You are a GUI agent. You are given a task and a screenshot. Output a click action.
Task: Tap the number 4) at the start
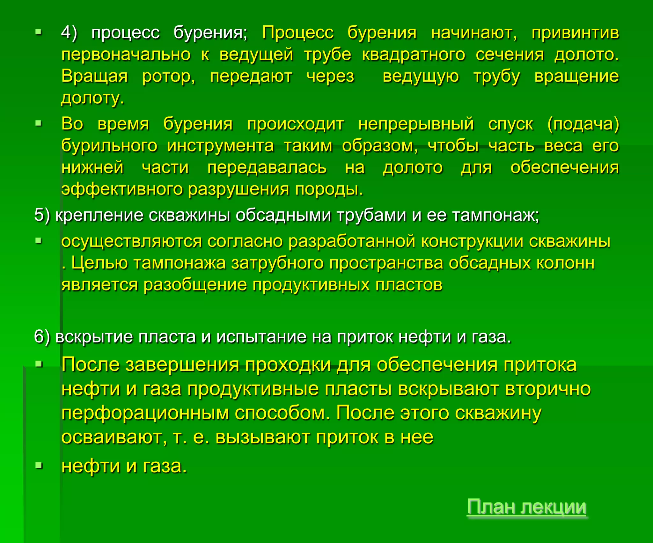pos(69,33)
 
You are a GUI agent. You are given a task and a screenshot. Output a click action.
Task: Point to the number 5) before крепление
pos(42,215)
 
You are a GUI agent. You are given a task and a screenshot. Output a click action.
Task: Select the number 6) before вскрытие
pos(42,337)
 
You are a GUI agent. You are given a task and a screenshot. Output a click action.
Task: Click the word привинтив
pos(575,33)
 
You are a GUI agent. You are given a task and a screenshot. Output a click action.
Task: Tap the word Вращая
pos(95,77)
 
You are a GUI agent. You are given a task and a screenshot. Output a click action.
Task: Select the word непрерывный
pos(416,124)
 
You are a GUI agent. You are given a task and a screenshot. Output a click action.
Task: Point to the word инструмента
pos(220,146)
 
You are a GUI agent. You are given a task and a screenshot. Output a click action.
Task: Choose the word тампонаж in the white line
pos(495,215)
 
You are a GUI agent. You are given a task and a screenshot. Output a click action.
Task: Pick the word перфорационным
pos(145,413)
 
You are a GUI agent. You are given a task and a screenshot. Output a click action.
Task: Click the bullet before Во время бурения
pos(39,123)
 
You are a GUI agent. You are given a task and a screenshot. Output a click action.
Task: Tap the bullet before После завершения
pos(39,364)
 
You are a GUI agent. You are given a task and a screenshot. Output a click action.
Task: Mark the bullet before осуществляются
pos(39,241)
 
